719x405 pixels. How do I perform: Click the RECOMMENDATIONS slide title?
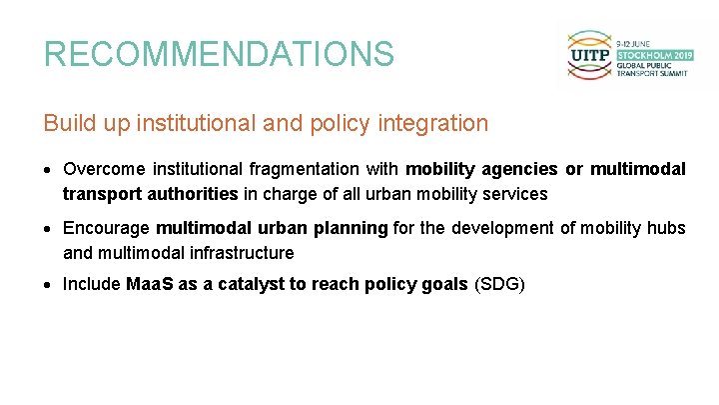tap(219, 53)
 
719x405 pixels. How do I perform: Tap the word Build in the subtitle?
tap(66, 123)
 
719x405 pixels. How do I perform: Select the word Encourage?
tap(105, 228)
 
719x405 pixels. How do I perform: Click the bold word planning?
tap(351, 228)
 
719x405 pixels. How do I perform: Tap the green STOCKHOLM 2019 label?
tap(653, 55)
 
